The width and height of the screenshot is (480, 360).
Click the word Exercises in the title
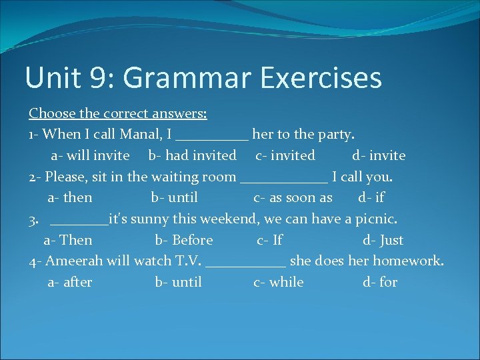click(321, 77)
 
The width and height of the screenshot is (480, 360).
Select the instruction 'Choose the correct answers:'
click(118, 113)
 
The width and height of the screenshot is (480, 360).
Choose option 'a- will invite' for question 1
click(91, 155)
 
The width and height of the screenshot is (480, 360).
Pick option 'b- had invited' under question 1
click(192, 155)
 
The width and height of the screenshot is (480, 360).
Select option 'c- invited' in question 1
click(285, 155)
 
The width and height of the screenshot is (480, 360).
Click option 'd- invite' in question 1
click(379, 155)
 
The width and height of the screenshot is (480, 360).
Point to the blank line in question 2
click(283, 179)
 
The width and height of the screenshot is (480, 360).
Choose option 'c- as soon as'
click(293, 197)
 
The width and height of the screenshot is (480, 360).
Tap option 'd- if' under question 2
click(371, 197)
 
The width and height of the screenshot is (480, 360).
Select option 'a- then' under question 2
click(70, 197)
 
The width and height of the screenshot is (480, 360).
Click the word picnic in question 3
click(376, 219)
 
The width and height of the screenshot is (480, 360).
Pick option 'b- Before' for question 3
click(184, 240)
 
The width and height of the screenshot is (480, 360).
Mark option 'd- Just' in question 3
click(383, 240)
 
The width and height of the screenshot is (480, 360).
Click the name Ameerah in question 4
click(70, 261)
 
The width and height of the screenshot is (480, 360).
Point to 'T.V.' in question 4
click(189, 261)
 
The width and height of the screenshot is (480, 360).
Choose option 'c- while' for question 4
click(279, 282)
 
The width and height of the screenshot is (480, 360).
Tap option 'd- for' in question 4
click(380, 282)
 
